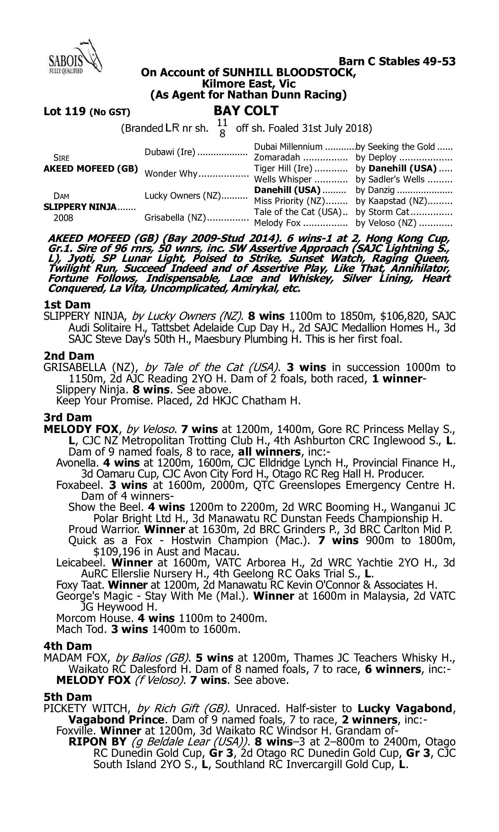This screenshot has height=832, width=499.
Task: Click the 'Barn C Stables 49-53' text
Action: (x=397, y=62)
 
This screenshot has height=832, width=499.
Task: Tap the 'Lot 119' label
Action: (x=65, y=111)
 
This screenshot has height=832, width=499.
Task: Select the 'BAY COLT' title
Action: (x=247, y=110)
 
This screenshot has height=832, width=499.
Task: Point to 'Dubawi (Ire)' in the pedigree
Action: (x=170, y=152)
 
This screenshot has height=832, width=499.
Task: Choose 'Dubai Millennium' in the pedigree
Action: (x=288, y=147)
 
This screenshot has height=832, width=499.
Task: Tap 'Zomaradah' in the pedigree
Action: (x=277, y=157)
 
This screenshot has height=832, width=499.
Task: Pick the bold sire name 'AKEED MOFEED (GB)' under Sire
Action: (x=91, y=168)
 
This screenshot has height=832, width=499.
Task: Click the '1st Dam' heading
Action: (x=67, y=305)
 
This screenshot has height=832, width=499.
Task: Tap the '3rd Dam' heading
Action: (x=68, y=417)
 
